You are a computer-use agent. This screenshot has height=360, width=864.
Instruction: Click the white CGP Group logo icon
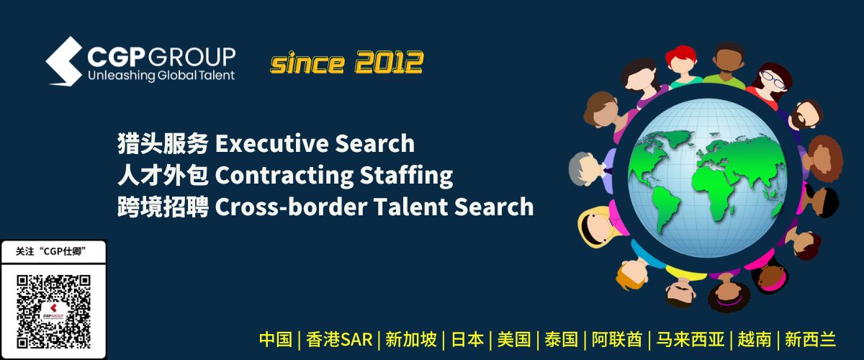pyautogui.click(x=64, y=61)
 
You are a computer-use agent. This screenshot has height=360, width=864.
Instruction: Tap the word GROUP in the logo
pyautogui.click(x=192, y=57)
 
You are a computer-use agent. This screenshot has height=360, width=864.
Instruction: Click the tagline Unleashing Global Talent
pyautogui.click(x=161, y=75)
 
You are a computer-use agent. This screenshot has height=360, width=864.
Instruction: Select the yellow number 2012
pyautogui.click(x=389, y=62)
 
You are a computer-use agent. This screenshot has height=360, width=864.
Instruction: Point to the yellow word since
pyautogui.click(x=307, y=63)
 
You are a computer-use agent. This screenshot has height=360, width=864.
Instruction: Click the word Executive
pyautogui.click(x=271, y=143)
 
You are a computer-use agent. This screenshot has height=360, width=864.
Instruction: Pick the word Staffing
pyautogui.click(x=406, y=176)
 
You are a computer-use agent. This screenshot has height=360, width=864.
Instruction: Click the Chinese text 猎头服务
pyautogui.click(x=163, y=143)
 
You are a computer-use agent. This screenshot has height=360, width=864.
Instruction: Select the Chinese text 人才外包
pyautogui.click(x=163, y=175)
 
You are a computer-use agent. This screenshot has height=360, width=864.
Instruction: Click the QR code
pyautogui.click(x=53, y=311)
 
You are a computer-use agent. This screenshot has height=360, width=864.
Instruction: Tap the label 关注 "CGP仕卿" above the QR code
pyautogui.click(x=50, y=251)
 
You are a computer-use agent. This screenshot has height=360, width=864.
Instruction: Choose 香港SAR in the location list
pyautogui.click(x=339, y=340)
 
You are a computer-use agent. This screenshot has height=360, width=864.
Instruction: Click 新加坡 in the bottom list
pyautogui.click(x=411, y=340)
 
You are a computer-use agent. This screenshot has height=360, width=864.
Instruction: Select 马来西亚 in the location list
pyautogui.click(x=690, y=340)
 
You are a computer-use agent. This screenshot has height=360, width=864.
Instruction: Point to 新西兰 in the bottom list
pyautogui.click(x=811, y=340)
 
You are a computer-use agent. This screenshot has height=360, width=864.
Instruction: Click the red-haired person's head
pyautogui.click(x=681, y=61)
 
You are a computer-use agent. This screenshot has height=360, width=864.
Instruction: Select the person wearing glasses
pyautogui.click(x=773, y=82)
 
